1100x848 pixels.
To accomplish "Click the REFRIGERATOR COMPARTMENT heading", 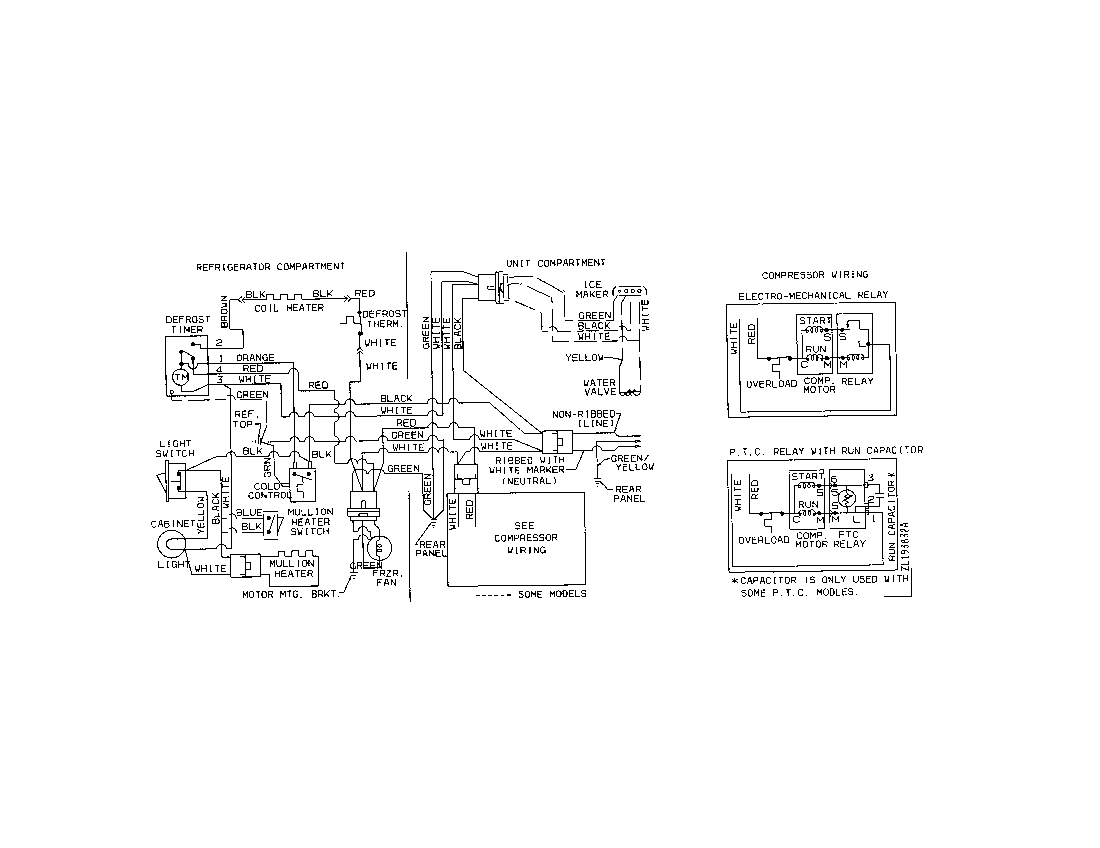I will [270, 267].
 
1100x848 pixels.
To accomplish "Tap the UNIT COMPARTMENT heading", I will [555, 263].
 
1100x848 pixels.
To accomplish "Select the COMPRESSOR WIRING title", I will [815, 275].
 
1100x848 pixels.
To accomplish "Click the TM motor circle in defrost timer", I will [181, 377].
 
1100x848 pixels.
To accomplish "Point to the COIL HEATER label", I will [289, 308].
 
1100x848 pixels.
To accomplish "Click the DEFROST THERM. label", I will [385, 319].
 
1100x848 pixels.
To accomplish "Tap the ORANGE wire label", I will [255, 358].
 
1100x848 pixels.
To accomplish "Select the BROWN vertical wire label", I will [224, 312].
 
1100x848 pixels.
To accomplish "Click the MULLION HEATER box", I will [293, 568].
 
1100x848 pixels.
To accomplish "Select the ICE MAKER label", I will [592, 289].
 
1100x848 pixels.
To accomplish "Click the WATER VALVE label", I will [599, 387].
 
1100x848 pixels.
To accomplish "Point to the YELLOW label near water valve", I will [584, 358].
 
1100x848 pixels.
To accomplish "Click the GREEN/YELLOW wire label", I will [631, 463].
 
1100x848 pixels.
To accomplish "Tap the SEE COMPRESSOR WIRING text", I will [526, 538].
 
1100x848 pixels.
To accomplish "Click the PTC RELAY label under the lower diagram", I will [849, 539].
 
